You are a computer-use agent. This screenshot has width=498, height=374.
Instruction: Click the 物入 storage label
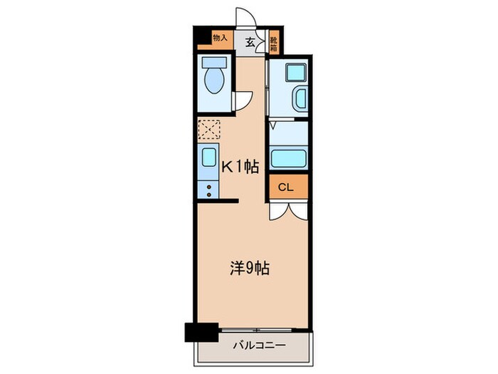coord(220,38)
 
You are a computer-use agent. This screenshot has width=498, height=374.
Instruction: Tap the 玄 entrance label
coord(250,42)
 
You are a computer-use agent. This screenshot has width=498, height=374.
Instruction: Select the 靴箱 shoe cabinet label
coord(274,44)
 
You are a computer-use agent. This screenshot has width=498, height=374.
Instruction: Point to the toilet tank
coord(215,62)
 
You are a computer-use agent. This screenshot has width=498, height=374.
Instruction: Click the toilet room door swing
coord(243,100)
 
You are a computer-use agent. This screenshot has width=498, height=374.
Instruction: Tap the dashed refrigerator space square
coord(209,130)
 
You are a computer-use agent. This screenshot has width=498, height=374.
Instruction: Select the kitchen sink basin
coord(209,157)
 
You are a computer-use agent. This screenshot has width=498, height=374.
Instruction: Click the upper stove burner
coord(209,187)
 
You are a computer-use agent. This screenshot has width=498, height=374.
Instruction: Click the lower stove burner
coord(209,194)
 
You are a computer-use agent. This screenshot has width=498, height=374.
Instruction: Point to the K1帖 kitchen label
coord(240,166)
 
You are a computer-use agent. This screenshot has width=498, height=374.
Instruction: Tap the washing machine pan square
coord(296,72)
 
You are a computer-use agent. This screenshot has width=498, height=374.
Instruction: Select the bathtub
coord(289,158)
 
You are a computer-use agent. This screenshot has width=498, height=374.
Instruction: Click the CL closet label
coord(286,187)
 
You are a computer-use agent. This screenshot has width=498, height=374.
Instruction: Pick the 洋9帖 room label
coord(250,268)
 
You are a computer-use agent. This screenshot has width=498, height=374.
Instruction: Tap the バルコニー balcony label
coord(260,346)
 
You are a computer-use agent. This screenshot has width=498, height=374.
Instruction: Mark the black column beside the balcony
coord(201,333)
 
